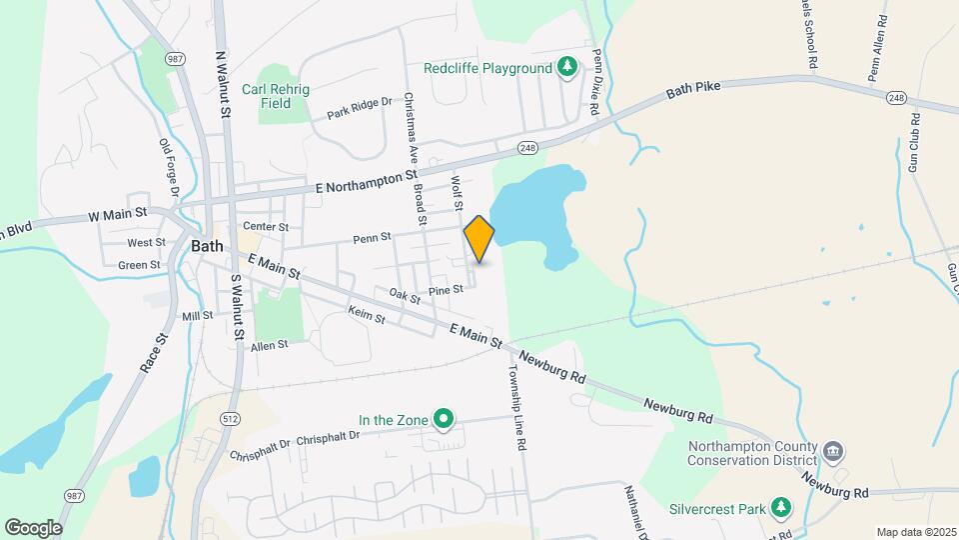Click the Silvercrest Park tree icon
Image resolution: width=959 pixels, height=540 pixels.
pyautogui.click(x=782, y=509)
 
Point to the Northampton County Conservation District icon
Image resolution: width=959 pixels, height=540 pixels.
pyautogui.click(x=834, y=453)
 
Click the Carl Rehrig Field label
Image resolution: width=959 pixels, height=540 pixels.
pyautogui.click(x=277, y=96)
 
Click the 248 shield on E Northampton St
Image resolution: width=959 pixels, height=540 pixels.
pyautogui.click(x=528, y=148)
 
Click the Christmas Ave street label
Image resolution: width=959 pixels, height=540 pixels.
pyautogui.click(x=409, y=128)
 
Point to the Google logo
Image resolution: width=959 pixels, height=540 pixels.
pyautogui.click(x=33, y=527)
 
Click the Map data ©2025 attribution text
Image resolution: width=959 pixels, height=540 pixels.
pyautogui.click(x=913, y=531)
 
